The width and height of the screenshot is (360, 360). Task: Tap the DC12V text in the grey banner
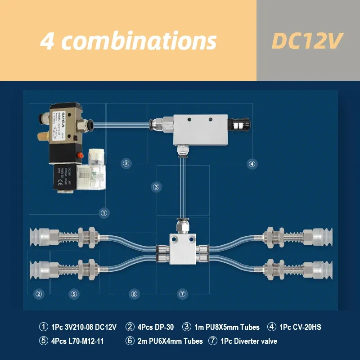[x=308, y=41]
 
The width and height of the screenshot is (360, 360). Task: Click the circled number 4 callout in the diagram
[x=252, y=164]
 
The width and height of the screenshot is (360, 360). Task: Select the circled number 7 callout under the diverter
[x=182, y=294]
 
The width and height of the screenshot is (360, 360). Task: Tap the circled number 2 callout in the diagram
[x=39, y=294]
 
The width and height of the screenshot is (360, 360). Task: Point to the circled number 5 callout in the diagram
[x=74, y=294]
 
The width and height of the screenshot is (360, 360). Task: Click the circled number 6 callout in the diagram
[x=134, y=294]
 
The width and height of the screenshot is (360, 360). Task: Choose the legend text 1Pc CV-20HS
[x=300, y=327]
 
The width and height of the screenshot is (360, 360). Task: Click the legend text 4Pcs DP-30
[x=148, y=327]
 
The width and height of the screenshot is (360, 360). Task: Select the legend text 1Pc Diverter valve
[x=249, y=341]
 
